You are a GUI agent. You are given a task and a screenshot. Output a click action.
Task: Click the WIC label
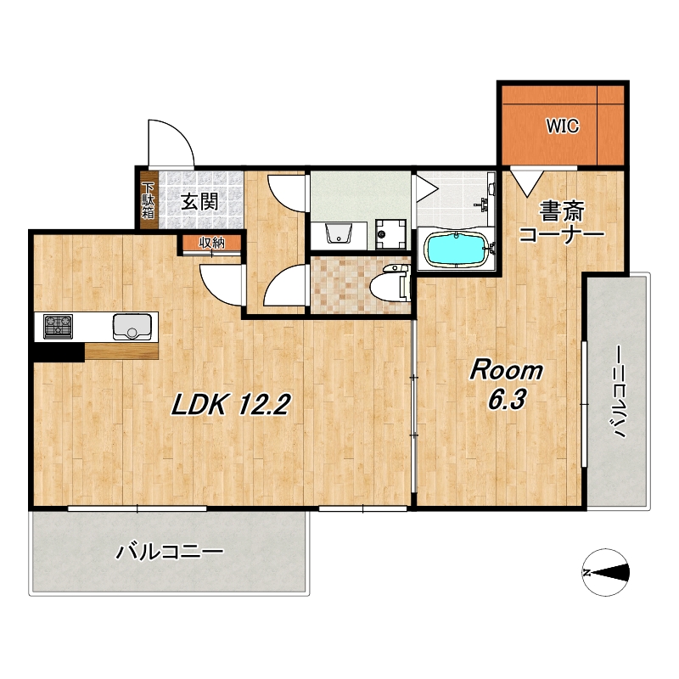[x=562, y=126]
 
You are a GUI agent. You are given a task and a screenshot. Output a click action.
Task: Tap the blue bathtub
[x=457, y=250]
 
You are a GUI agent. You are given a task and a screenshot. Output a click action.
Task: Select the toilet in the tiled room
[x=390, y=284]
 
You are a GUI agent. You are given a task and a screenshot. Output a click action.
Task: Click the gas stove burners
[x=58, y=327]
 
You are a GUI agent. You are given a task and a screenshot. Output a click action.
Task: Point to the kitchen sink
[x=132, y=327]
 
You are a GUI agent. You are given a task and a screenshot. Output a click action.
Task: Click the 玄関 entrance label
[x=199, y=201]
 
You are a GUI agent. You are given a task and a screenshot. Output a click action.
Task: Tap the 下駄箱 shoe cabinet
[x=148, y=200]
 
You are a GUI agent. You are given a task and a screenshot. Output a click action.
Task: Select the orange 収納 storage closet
[x=211, y=243]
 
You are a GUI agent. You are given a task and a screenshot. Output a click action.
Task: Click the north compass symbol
[x=605, y=572]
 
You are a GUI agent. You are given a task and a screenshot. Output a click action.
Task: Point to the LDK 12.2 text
[x=230, y=405]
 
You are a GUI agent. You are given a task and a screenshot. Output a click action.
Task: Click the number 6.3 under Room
[x=507, y=399]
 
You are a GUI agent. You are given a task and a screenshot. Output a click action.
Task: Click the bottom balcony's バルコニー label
[x=169, y=552]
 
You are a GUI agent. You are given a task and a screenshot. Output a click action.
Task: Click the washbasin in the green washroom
[x=338, y=234]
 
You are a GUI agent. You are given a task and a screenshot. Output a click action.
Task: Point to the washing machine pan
[x=390, y=234]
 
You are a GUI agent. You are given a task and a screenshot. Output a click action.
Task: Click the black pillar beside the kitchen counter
[x=59, y=351]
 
